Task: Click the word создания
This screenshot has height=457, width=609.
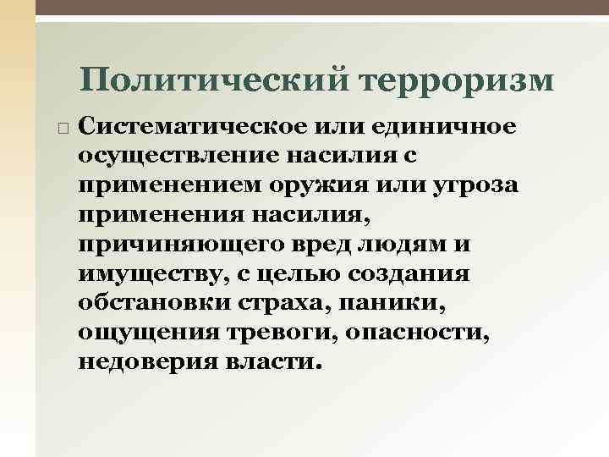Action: tap(429, 274)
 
